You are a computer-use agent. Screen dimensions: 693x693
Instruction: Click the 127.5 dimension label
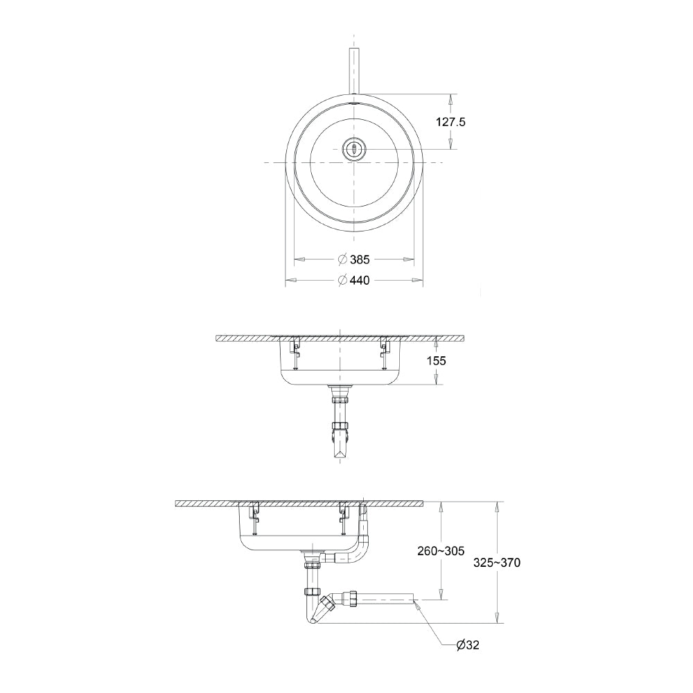tap(451, 122)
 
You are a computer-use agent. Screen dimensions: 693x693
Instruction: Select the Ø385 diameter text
tap(353, 259)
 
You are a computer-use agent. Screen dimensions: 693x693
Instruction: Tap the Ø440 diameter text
tap(353, 280)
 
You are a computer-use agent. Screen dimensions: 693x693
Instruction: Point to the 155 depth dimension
tap(436, 360)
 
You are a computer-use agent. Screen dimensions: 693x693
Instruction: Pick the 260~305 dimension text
tap(441, 551)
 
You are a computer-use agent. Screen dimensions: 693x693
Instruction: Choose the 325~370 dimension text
tap(497, 563)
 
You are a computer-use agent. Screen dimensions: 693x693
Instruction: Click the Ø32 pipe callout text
tap(468, 645)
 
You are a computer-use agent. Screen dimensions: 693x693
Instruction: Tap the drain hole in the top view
tap(354, 148)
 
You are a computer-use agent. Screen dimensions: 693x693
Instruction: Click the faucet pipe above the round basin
tap(354, 71)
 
